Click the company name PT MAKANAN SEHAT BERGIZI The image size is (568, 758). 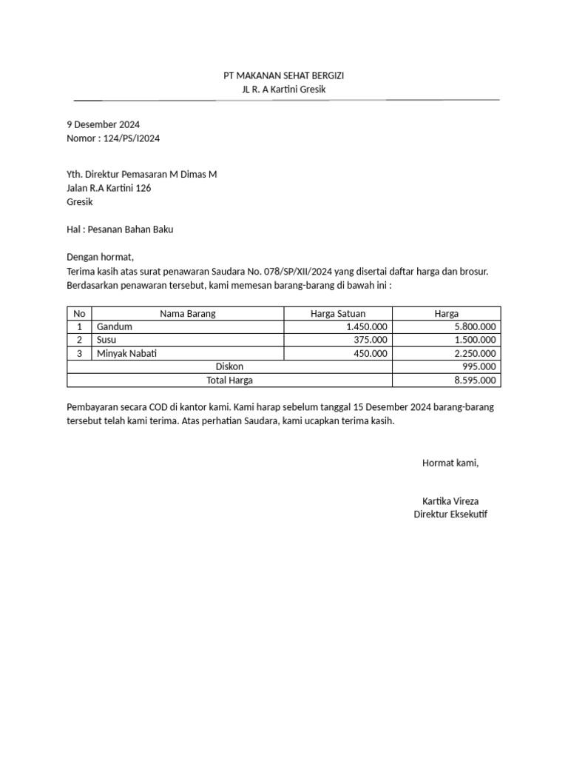(x=284, y=76)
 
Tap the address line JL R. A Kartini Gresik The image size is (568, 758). (x=284, y=90)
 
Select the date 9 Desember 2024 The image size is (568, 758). (x=103, y=124)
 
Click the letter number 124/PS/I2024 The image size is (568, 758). (x=138, y=138)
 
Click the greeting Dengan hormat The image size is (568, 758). (x=98, y=258)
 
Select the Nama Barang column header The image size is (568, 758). (x=187, y=314)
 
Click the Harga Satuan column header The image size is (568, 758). (x=337, y=314)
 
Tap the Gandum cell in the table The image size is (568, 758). (x=115, y=326)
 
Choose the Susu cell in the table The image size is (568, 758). (x=107, y=340)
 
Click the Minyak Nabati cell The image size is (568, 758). (x=126, y=353)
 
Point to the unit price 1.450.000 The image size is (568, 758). (x=366, y=326)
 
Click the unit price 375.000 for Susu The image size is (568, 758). (x=371, y=340)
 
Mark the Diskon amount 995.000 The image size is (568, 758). (x=479, y=366)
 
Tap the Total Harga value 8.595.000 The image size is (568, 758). (x=475, y=380)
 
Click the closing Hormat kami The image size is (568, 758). (x=450, y=463)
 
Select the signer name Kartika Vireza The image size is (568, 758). (x=450, y=501)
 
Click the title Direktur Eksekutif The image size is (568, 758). (x=450, y=514)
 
